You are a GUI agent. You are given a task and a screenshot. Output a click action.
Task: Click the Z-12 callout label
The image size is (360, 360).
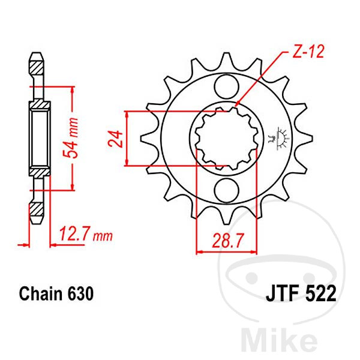(308, 51)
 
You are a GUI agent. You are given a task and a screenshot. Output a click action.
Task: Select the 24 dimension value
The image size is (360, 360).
(115, 139)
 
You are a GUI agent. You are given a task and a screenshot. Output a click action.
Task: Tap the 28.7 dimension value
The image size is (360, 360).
(227, 241)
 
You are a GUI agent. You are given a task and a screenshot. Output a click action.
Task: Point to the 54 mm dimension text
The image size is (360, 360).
(71, 137)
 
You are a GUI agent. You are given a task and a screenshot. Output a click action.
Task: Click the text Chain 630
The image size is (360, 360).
(56, 293)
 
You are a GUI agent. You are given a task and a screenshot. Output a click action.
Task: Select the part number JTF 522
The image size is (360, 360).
(301, 293)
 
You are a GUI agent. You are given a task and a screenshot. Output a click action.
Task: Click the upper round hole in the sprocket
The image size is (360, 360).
(227, 88)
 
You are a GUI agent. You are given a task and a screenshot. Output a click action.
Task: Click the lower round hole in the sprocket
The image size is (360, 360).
(227, 190)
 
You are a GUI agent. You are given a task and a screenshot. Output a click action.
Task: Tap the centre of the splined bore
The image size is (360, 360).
(227, 139)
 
